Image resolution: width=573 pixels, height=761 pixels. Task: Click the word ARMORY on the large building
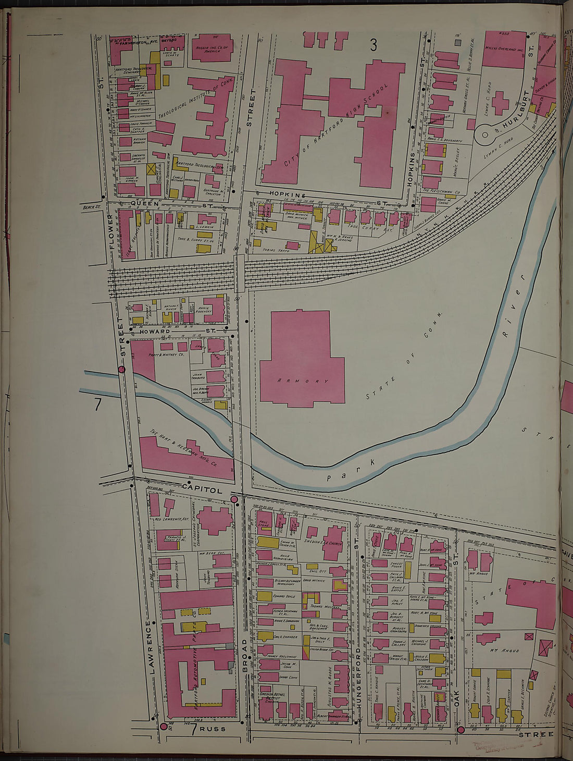[303, 381]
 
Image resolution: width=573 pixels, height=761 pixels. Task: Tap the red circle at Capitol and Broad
[234, 500]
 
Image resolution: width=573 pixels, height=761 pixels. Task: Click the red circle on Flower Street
[122, 369]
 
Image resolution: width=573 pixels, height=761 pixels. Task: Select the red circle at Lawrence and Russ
[163, 726]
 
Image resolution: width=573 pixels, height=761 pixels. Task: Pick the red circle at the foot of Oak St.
[460, 730]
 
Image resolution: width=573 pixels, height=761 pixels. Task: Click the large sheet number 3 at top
[373, 46]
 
